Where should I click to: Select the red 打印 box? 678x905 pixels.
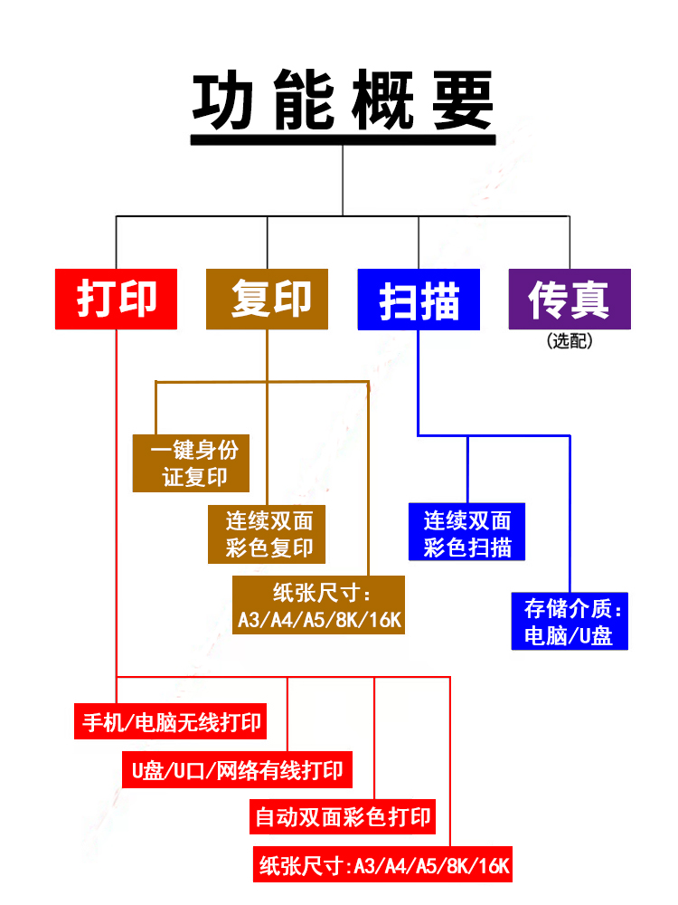click(x=117, y=299)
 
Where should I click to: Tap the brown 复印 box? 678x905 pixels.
click(x=268, y=299)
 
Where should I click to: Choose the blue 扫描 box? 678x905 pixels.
click(x=419, y=300)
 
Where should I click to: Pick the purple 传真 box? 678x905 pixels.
click(x=570, y=300)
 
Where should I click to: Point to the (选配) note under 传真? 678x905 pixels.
click(x=570, y=341)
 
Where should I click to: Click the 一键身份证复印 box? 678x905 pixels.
click(x=191, y=463)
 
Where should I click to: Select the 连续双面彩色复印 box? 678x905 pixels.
click(x=267, y=534)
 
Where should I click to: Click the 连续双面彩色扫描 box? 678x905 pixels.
click(x=466, y=533)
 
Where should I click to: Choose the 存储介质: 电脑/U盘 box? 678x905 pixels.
click(x=570, y=621)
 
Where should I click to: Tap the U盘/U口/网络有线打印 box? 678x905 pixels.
click(x=237, y=771)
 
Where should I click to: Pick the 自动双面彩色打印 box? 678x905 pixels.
click(x=343, y=818)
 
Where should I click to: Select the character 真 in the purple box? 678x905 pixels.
click(x=592, y=300)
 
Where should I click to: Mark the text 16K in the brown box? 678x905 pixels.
click(x=384, y=620)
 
